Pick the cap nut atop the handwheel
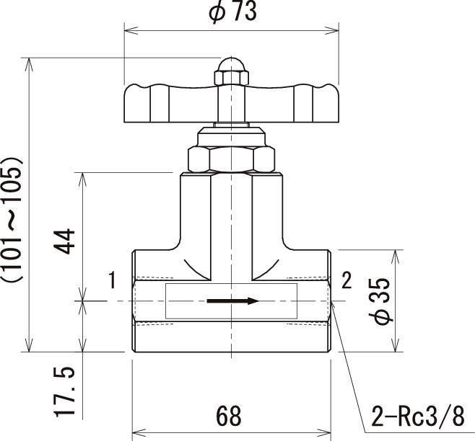[230, 72]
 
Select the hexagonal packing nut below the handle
[230, 159]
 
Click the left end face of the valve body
[133, 301]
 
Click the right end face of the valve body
[330, 301]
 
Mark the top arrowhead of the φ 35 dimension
[395, 254]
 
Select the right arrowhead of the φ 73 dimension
[334, 30]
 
